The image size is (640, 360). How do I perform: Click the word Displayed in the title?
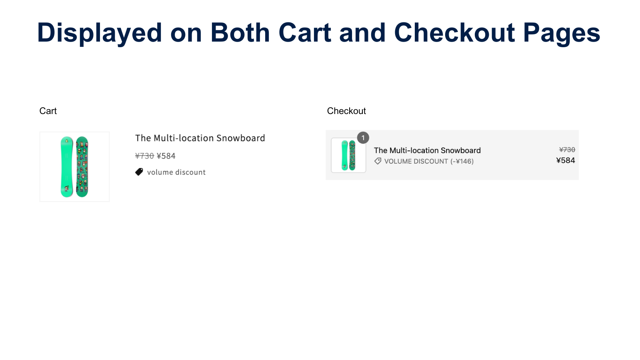click(99, 33)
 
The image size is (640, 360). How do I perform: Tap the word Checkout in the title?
click(454, 33)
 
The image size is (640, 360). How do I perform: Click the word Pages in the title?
click(561, 33)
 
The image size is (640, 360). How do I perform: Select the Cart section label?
click(48, 111)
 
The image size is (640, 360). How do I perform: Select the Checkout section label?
click(346, 111)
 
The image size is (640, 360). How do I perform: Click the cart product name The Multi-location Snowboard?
click(200, 138)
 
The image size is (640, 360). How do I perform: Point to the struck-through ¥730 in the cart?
click(144, 156)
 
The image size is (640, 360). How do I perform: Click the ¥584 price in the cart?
click(166, 156)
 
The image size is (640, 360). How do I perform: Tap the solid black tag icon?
click(139, 172)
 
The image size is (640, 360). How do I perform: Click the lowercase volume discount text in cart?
click(176, 172)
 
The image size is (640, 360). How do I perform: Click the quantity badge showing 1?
click(363, 138)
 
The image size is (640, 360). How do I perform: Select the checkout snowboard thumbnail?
click(348, 155)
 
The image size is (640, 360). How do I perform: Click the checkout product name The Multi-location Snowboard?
click(427, 150)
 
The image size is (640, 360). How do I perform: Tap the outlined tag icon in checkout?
click(378, 161)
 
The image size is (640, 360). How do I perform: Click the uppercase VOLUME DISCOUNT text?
click(416, 161)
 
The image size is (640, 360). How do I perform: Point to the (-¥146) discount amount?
click(462, 161)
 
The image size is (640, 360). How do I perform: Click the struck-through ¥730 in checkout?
click(567, 150)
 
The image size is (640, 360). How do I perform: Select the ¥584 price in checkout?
click(565, 160)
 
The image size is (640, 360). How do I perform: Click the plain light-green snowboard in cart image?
click(67, 167)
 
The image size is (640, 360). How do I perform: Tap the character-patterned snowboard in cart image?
click(82, 167)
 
